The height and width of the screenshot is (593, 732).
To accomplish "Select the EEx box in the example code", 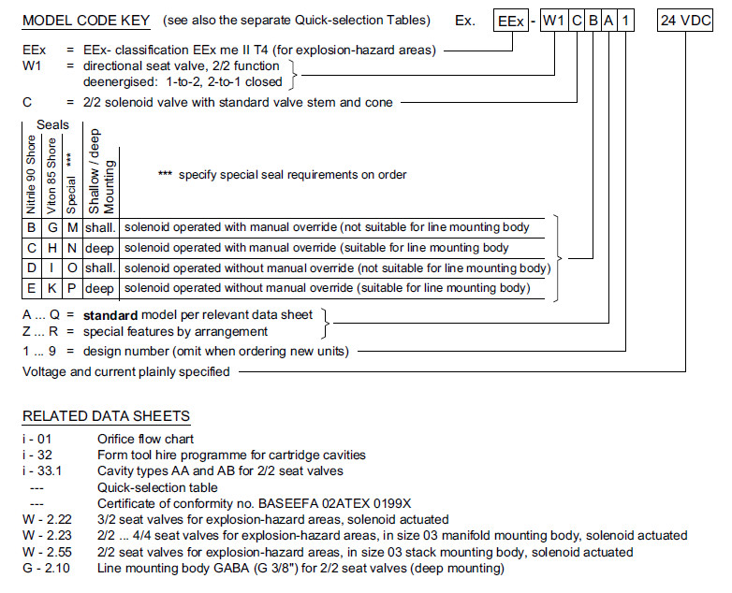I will [512, 21].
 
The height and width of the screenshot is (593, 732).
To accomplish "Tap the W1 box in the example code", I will [553, 21].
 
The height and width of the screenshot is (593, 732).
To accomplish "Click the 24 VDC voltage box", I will [686, 21].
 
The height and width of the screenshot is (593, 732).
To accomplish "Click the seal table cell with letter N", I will [73, 248].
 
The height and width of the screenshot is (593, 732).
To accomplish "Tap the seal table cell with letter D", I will [33, 268].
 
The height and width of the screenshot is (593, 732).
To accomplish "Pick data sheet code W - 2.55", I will [48, 552].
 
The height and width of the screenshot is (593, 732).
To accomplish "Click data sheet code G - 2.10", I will [48, 568].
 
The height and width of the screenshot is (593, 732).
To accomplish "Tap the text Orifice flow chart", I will [144, 438].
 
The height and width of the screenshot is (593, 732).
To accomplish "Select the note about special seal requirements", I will [284, 175].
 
